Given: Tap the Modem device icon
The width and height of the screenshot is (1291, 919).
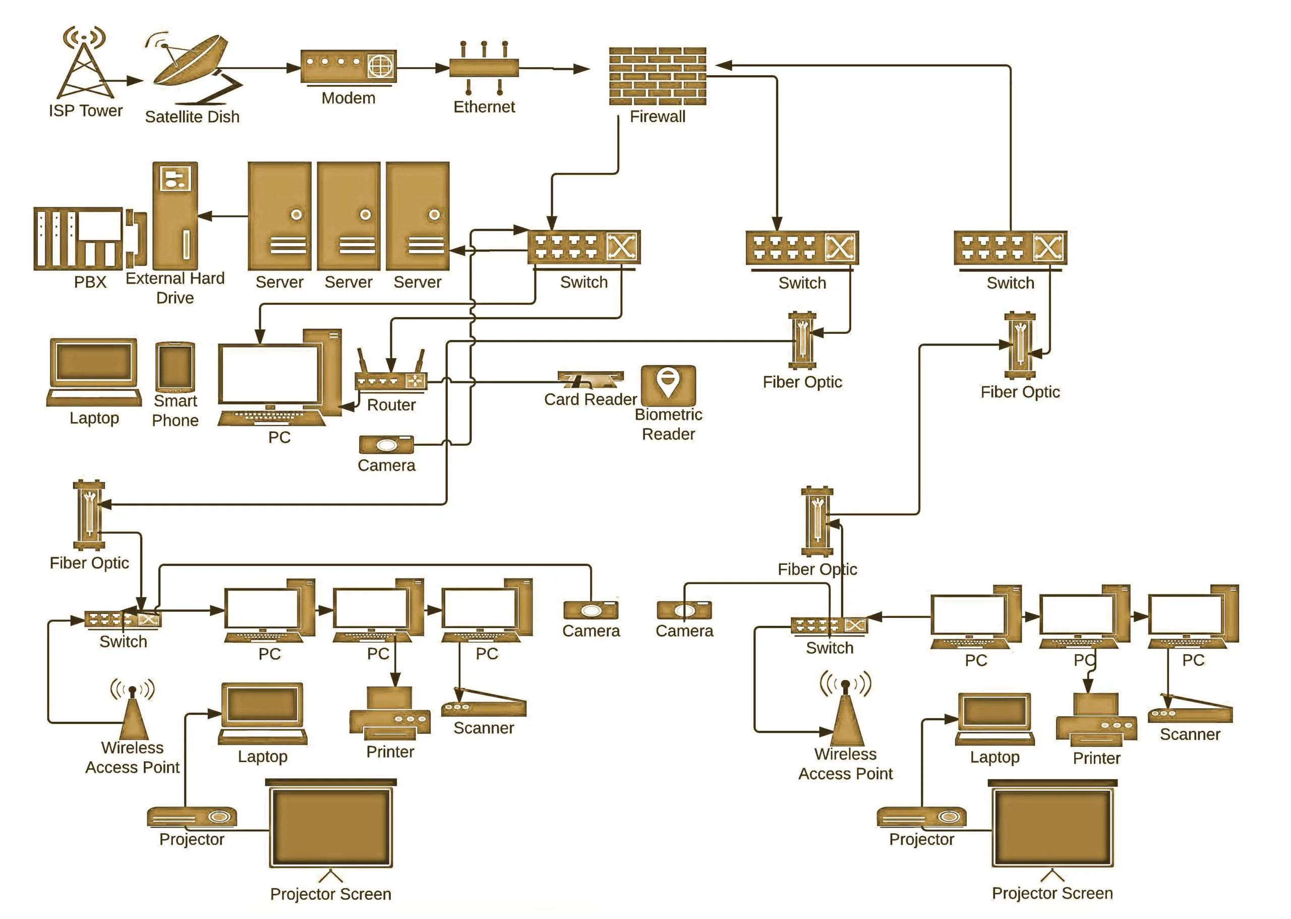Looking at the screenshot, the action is [x=348, y=67].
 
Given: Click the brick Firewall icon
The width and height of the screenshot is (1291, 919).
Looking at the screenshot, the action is [x=658, y=76].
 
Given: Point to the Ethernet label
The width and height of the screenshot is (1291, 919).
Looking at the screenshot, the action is [x=484, y=107].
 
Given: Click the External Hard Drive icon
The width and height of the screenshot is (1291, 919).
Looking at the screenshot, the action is [x=175, y=215].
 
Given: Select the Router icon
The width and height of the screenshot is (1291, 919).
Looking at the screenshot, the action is [x=390, y=371].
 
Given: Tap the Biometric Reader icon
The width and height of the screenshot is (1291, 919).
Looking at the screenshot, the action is [x=668, y=385].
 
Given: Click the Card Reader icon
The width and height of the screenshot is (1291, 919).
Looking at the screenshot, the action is [x=590, y=379].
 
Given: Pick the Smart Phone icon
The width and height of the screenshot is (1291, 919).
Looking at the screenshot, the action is [x=175, y=367].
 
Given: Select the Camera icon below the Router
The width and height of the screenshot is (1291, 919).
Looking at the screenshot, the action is [x=386, y=445].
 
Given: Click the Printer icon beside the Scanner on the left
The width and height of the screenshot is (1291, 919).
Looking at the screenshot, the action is [x=390, y=713].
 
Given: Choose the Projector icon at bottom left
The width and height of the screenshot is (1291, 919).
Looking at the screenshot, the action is [x=192, y=817].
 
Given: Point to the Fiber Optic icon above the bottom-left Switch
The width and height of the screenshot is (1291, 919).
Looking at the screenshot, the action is [x=89, y=515].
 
